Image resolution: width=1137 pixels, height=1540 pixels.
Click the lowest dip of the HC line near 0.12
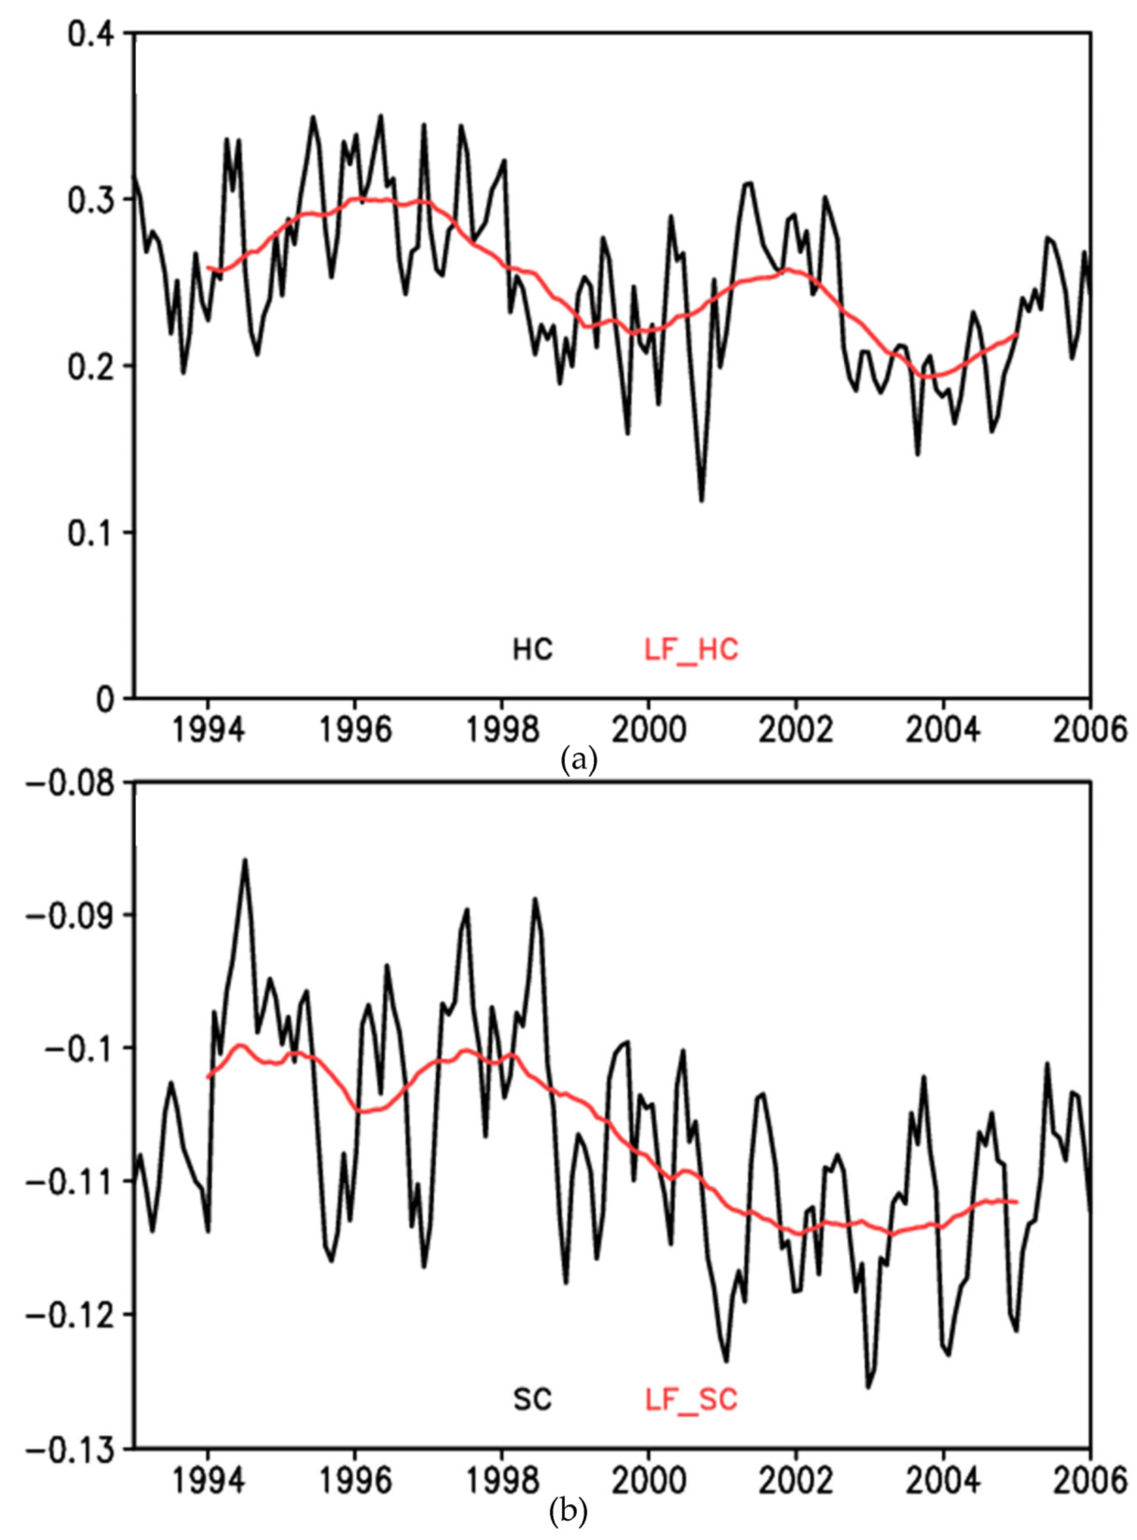(x=701, y=501)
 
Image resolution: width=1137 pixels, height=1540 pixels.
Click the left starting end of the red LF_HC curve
(x=208, y=267)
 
